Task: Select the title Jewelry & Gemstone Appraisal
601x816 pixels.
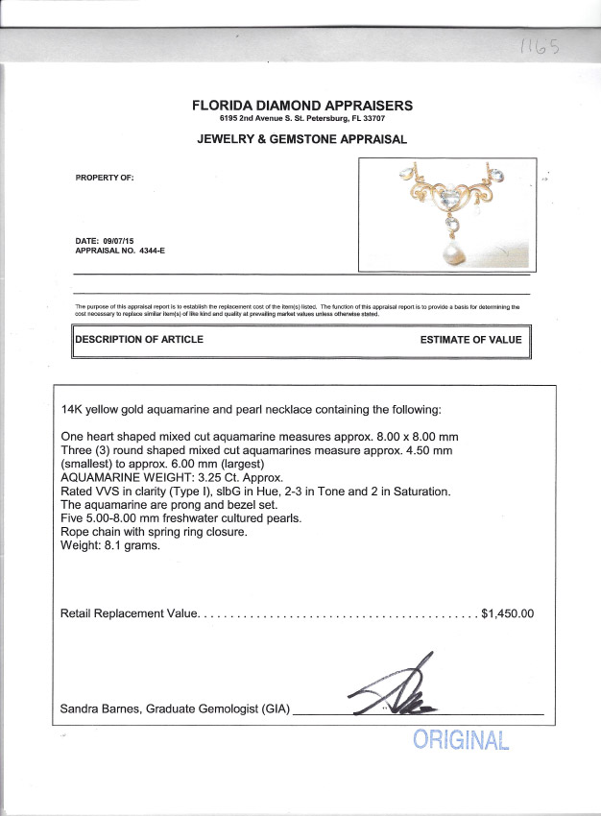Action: pyautogui.click(x=301, y=139)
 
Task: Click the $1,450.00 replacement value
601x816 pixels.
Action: pyautogui.click(x=507, y=612)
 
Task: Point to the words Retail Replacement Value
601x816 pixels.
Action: pyautogui.click(x=130, y=612)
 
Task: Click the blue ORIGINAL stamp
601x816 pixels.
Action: pyautogui.click(x=459, y=740)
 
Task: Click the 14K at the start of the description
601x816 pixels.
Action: pyautogui.click(x=73, y=409)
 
